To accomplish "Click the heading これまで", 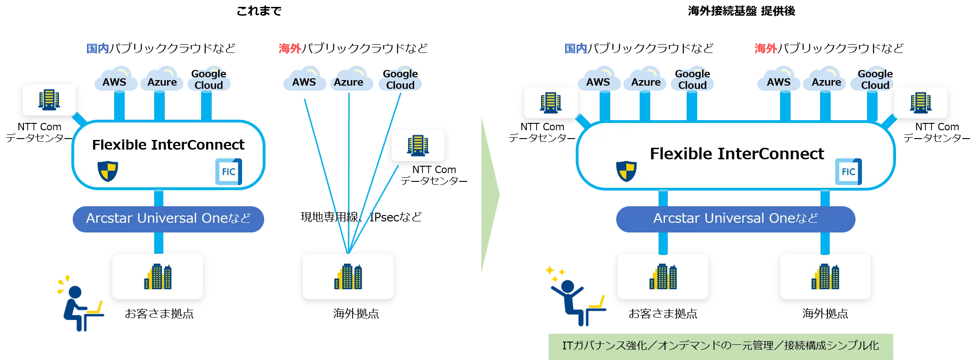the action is coord(259,11).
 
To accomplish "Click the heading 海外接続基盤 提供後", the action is coord(741,11).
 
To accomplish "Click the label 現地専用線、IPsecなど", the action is coord(361,217).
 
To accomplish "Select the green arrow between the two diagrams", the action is coord(490,195).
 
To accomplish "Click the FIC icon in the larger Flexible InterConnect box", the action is coord(848,172).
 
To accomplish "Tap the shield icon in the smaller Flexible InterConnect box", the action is coord(108,171).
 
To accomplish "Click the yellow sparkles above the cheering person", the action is coord(555,273).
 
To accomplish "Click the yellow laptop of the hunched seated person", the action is coord(96,308).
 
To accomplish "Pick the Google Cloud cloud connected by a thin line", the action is coord(400,79).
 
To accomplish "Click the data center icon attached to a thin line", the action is coord(418,145).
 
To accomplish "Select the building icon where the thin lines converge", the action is coord(348,276).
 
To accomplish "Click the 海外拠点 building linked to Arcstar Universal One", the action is coord(825,276).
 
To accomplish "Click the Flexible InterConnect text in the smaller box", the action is coord(168,145).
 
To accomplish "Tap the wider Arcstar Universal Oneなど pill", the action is coord(735,219).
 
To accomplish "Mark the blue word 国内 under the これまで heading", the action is coord(98,48).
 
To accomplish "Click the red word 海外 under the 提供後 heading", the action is coord(766,48).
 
